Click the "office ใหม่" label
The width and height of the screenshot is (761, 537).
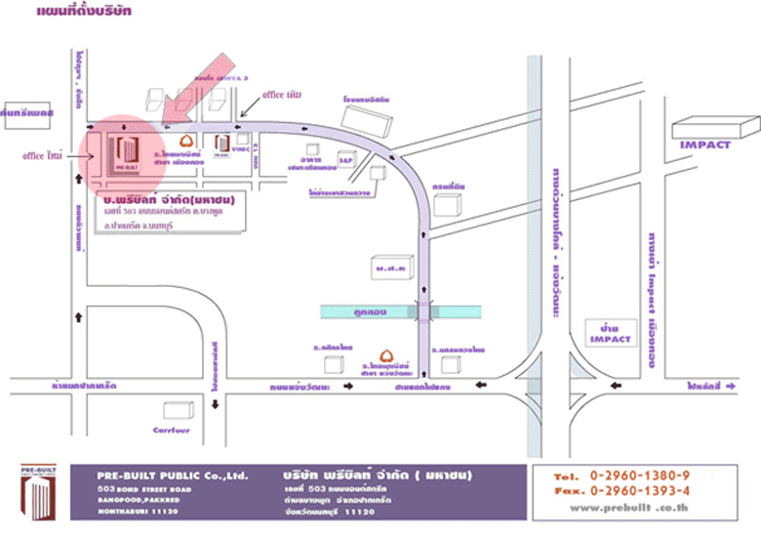tap(42, 155)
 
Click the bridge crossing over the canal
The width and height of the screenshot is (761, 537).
tap(425, 311)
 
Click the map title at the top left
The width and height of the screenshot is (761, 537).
tap(84, 13)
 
